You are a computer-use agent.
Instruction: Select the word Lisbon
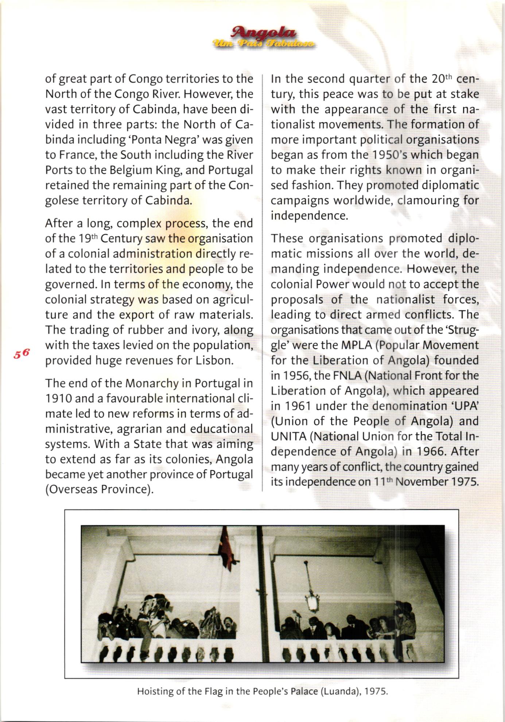214,360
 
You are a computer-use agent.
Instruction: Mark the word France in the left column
76,155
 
